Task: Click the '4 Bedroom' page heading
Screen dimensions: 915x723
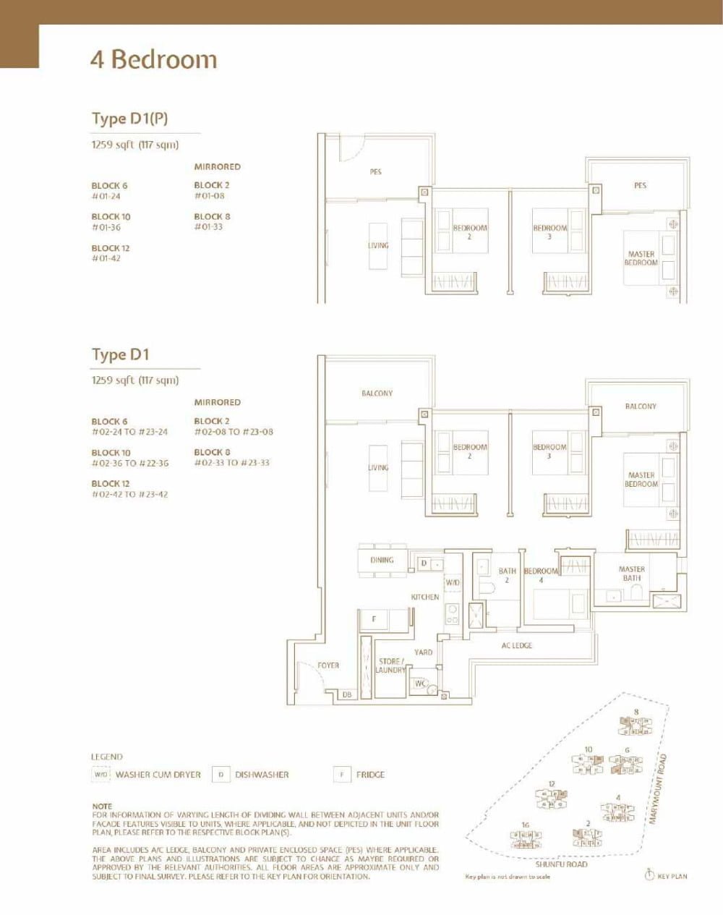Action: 153,59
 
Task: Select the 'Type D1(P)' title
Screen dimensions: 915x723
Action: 129,119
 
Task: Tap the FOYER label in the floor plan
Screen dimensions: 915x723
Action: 328,665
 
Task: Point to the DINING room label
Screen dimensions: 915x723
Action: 382,560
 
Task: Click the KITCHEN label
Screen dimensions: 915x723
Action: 425,597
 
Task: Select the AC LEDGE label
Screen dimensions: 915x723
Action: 517,645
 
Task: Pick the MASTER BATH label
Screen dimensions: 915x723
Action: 632,574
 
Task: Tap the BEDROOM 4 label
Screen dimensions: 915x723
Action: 541,575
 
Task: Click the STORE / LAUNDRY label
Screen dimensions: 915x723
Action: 391,665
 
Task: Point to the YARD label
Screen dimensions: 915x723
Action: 424,652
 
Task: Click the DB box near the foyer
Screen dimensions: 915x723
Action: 347,694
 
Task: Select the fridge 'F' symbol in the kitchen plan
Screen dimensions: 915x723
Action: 374,619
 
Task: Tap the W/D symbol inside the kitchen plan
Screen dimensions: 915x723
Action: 453,582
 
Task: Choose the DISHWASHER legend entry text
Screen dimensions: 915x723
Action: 262,775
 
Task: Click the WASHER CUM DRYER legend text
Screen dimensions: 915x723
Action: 158,775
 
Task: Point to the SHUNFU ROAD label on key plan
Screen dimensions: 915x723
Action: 561,864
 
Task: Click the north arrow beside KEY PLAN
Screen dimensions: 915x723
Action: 649,875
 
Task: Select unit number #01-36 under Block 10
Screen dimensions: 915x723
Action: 106,227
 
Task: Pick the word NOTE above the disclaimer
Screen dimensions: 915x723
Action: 102,806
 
